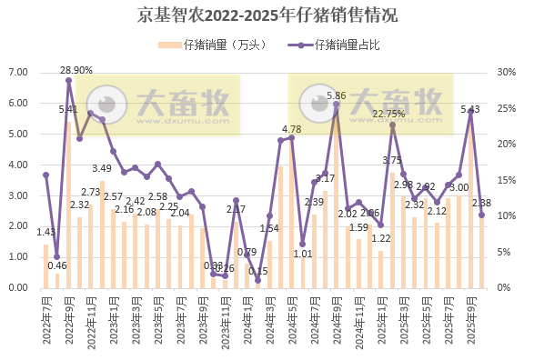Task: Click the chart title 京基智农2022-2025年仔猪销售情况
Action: (267, 15)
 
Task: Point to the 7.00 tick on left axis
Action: (18, 73)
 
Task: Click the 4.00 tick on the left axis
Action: (18, 165)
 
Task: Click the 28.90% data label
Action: (76, 70)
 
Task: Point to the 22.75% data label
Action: (388, 114)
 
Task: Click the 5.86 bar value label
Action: (336, 95)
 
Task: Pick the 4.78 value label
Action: (291, 130)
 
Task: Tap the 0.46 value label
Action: (57, 265)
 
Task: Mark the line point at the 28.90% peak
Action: (68, 80)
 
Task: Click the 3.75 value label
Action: (391, 161)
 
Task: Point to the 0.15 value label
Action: (257, 271)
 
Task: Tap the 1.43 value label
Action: (45, 232)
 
